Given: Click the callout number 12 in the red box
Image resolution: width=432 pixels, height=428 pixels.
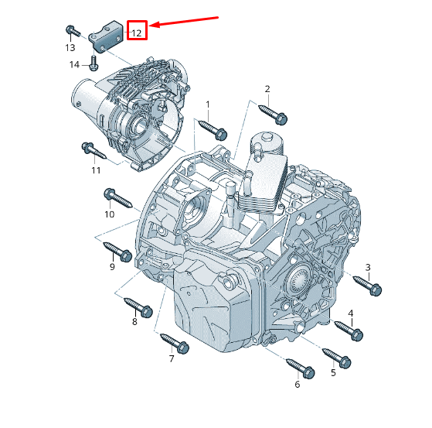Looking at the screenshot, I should [x=136, y=33].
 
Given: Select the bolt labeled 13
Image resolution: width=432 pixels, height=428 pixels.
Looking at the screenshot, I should [x=72, y=31].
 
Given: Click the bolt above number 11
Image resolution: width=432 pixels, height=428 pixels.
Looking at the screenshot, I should [x=90, y=149].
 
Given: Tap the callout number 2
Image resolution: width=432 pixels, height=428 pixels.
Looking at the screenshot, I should [x=267, y=89].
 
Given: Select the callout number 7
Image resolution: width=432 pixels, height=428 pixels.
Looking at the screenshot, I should [x=172, y=359].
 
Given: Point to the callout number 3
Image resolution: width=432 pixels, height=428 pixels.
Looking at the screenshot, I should [x=368, y=267].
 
